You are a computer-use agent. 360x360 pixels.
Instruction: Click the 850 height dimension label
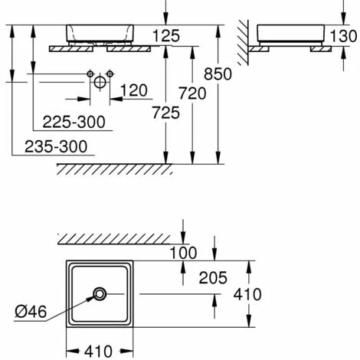click(218, 74)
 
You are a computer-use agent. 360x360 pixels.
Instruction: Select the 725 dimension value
click(166, 113)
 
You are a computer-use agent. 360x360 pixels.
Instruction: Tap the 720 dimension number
click(192, 93)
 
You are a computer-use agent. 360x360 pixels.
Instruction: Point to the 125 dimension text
click(166, 36)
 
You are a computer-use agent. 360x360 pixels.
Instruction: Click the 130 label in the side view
click(343, 36)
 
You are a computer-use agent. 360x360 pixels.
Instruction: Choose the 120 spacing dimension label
click(134, 90)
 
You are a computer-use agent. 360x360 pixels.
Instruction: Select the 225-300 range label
click(74, 122)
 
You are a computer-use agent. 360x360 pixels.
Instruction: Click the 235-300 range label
click(56, 146)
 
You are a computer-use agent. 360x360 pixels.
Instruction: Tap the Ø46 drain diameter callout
click(31, 312)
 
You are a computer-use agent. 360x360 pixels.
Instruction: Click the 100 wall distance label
click(183, 253)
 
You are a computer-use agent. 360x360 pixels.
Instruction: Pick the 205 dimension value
click(213, 278)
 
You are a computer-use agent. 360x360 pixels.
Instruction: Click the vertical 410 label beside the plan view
click(247, 294)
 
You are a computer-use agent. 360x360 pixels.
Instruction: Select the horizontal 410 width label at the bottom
click(98, 352)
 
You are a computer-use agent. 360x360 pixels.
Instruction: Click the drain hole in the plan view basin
click(100, 294)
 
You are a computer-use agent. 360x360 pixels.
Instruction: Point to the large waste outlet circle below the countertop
click(100, 82)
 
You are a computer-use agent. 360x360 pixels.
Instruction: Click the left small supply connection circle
click(90, 74)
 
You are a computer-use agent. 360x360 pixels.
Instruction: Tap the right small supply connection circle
click(110, 74)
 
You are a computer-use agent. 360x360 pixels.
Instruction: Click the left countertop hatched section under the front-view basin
click(70, 49)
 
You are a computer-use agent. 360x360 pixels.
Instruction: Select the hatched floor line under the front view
click(114, 169)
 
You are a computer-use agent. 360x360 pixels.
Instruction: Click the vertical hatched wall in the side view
click(243, 42)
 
